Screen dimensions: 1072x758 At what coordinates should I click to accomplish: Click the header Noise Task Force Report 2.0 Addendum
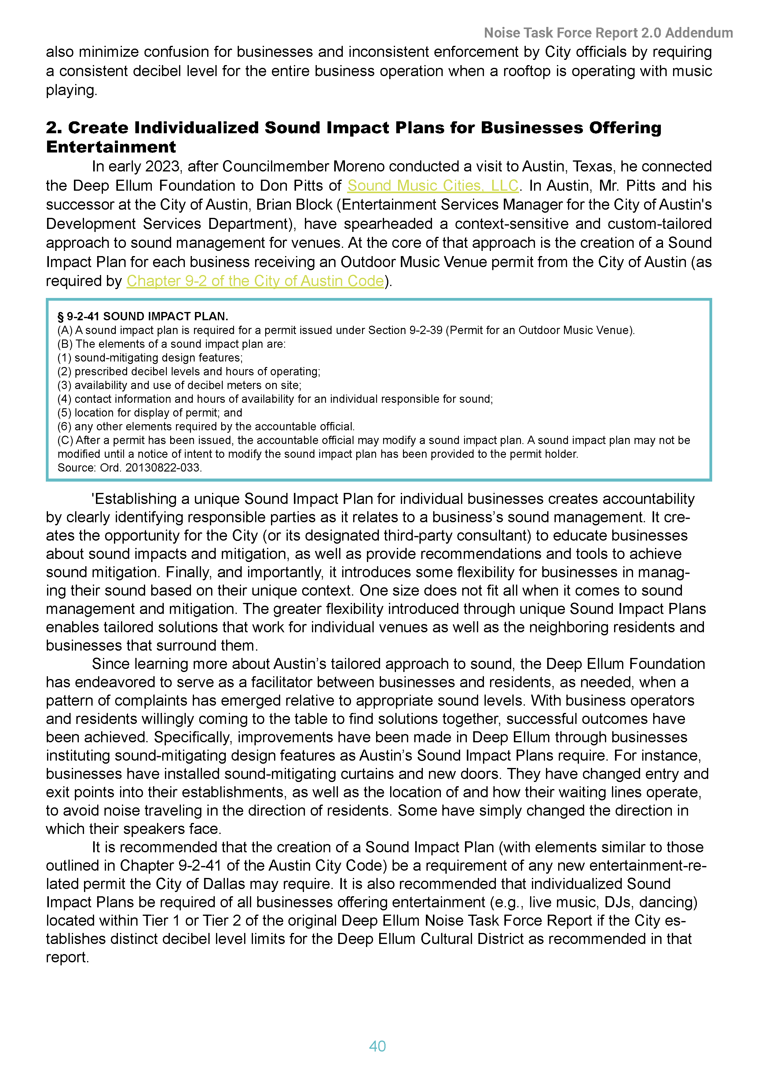608,33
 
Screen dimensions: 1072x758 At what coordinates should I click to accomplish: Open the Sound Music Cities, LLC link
433,185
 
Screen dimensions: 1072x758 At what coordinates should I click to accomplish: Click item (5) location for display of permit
149,413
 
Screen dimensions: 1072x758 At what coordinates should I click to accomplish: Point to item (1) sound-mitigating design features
150,358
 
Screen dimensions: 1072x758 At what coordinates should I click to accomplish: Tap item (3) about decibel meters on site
179,385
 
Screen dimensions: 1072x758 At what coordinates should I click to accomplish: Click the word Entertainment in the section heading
111,147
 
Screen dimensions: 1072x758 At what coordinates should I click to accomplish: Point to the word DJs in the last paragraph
617,902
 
